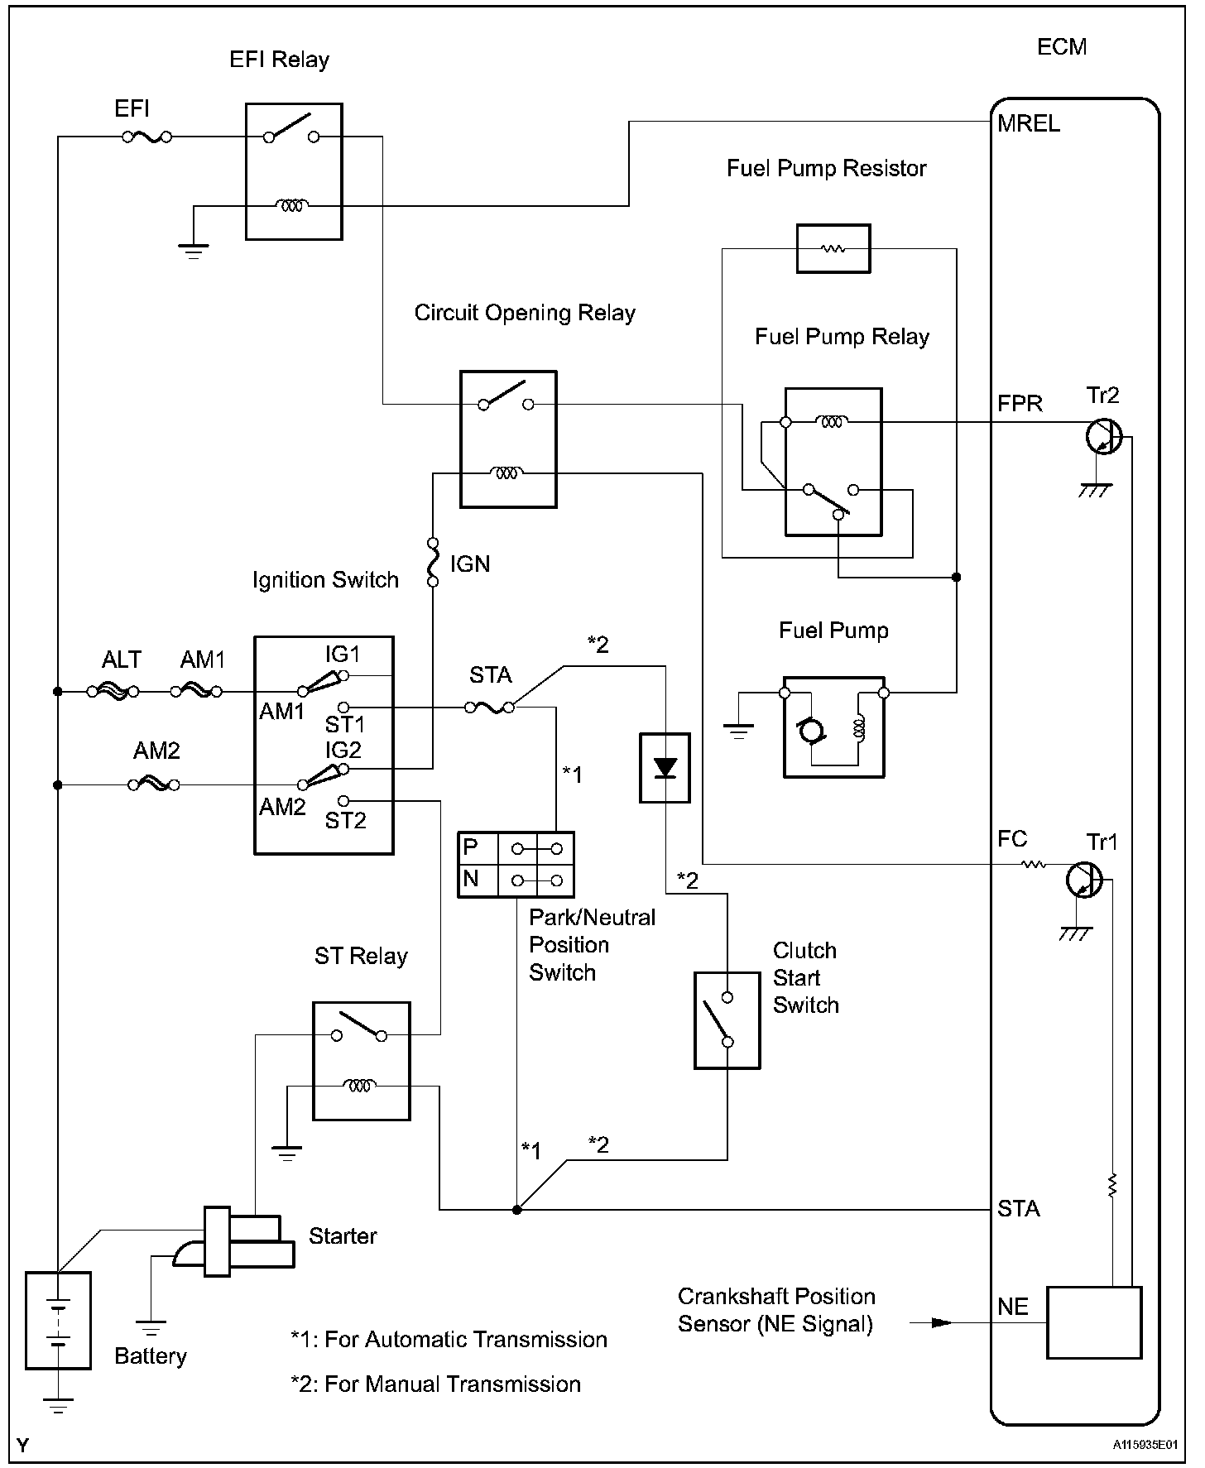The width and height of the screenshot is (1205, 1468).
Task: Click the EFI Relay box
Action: [294, 171]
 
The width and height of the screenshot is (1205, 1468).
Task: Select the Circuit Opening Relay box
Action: [508, 439]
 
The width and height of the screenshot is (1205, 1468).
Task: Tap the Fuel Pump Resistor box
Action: [833, 248]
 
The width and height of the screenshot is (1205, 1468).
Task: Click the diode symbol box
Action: [665, 768]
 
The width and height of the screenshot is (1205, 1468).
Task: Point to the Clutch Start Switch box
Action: [727, 1020]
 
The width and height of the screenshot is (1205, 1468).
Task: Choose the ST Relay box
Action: [361, 1061]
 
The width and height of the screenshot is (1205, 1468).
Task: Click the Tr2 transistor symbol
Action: [1103, 435]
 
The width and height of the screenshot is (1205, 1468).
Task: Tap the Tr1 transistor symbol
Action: [1083, 879]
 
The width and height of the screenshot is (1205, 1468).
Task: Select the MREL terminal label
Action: [1028, 124]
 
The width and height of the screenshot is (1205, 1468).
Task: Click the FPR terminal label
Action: [1020, 404]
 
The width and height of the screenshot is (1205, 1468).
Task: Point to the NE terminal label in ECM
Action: [1013, 1307]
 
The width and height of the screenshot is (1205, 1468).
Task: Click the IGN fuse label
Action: [470, 564]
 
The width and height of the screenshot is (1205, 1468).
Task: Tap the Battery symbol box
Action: [58, 1321]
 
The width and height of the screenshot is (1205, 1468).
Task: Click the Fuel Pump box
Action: [833, 727]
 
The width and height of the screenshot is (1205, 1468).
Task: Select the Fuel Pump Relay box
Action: [833, 462]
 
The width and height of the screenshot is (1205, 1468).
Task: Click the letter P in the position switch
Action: [471, 847]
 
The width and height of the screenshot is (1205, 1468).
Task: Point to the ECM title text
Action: [1061, 46]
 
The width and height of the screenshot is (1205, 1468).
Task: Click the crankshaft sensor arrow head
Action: [941, 1322]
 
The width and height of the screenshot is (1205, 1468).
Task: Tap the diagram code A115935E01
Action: [1145, 1445]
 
